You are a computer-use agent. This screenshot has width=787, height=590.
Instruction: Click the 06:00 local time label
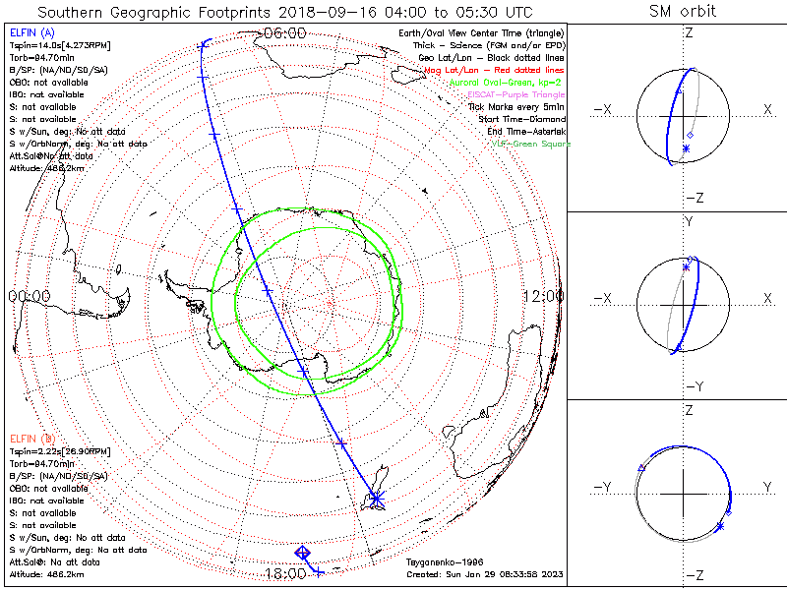[x=284, y=32]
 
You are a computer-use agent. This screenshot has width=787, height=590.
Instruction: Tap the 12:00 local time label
[x=543, y=296]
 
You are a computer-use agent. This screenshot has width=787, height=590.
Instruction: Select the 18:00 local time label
[x=284, y=573]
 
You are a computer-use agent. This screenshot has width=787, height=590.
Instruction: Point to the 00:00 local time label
[x=29, y=296]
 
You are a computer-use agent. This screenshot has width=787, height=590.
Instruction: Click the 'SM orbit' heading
[x=683, y=12]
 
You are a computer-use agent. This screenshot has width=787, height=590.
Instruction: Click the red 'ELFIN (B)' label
[x=33, y=438]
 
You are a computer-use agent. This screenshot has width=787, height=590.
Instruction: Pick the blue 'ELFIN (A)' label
[x=33, y=32]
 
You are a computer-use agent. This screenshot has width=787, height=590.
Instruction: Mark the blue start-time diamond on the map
[x=303, y=554]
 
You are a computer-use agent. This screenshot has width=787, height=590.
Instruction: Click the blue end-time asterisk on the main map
[x=375, y=500]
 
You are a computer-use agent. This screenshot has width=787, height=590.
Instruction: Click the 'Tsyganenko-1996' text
[x=443, y=562]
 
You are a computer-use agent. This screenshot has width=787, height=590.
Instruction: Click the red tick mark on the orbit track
[x=341, y=443]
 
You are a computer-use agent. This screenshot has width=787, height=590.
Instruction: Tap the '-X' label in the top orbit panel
[x=604, y=108]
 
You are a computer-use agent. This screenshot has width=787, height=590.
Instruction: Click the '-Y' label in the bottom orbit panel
[x=604, y=487]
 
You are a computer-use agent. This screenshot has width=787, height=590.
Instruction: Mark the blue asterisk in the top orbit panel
[x=686, y=148]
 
